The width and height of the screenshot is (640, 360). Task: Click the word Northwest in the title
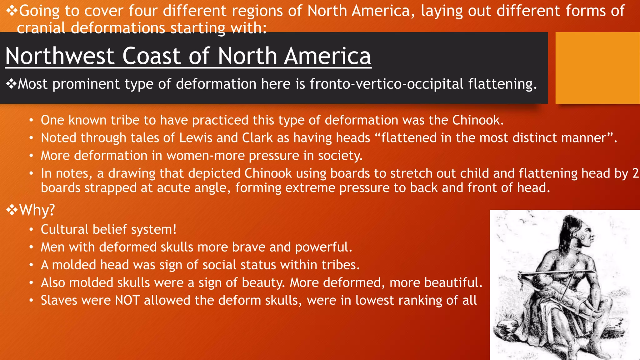pyautogui.click(x=60, y=56)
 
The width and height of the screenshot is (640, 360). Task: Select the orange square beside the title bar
pyautogui.click(x=597, y=68)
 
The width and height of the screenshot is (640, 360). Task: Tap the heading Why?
pyautogui.click(x=37, y=210)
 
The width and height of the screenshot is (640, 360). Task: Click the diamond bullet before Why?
pyautogui.click(x=12, y=210)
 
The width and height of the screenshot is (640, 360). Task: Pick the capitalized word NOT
pyautogui.click(x=127, y=301)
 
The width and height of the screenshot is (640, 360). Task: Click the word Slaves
pyautogui.click(x=58, y=301)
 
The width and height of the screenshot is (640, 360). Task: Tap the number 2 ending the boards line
pyautogui.click(x=635, y=174)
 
